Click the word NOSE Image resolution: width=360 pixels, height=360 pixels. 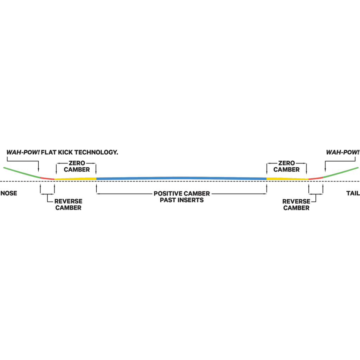coord(9,193)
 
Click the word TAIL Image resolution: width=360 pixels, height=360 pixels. coord(353,193)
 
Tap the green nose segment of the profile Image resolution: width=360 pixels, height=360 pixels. coord(22,173)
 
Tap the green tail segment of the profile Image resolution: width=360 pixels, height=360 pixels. coord(340,172)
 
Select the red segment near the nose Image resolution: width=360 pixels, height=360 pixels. coord(47,178)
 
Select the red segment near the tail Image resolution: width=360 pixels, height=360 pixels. coord(316,178)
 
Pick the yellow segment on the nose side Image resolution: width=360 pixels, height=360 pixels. coord(75,179)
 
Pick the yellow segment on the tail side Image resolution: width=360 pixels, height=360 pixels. coord(287,179)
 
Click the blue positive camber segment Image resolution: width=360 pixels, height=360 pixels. coord(181,178)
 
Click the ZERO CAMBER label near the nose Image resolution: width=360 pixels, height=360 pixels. coord(77,166)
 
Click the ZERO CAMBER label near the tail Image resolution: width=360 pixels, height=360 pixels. coord(287,166)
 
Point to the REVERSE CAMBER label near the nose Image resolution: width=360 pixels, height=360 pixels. coord(68,204)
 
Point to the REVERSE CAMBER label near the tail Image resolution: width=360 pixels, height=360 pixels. coord(296,205)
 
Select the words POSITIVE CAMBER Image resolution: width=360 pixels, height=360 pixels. coord(182,194)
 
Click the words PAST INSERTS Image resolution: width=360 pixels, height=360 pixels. coord(182,200)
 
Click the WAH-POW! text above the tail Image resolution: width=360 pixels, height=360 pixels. coord(342,152)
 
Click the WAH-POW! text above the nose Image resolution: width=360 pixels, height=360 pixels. coord(23,152)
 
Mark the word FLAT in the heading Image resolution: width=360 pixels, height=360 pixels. coord(49,152)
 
